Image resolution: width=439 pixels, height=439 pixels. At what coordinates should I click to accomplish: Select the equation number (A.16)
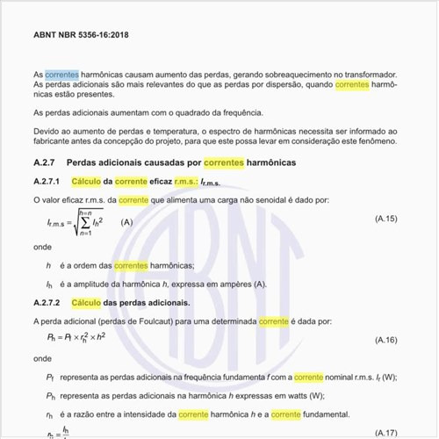coord(385,338)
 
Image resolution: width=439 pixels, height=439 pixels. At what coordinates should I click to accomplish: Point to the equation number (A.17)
coord(385,433)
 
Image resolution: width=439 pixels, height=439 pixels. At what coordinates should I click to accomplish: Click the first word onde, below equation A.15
coord(42,247)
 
